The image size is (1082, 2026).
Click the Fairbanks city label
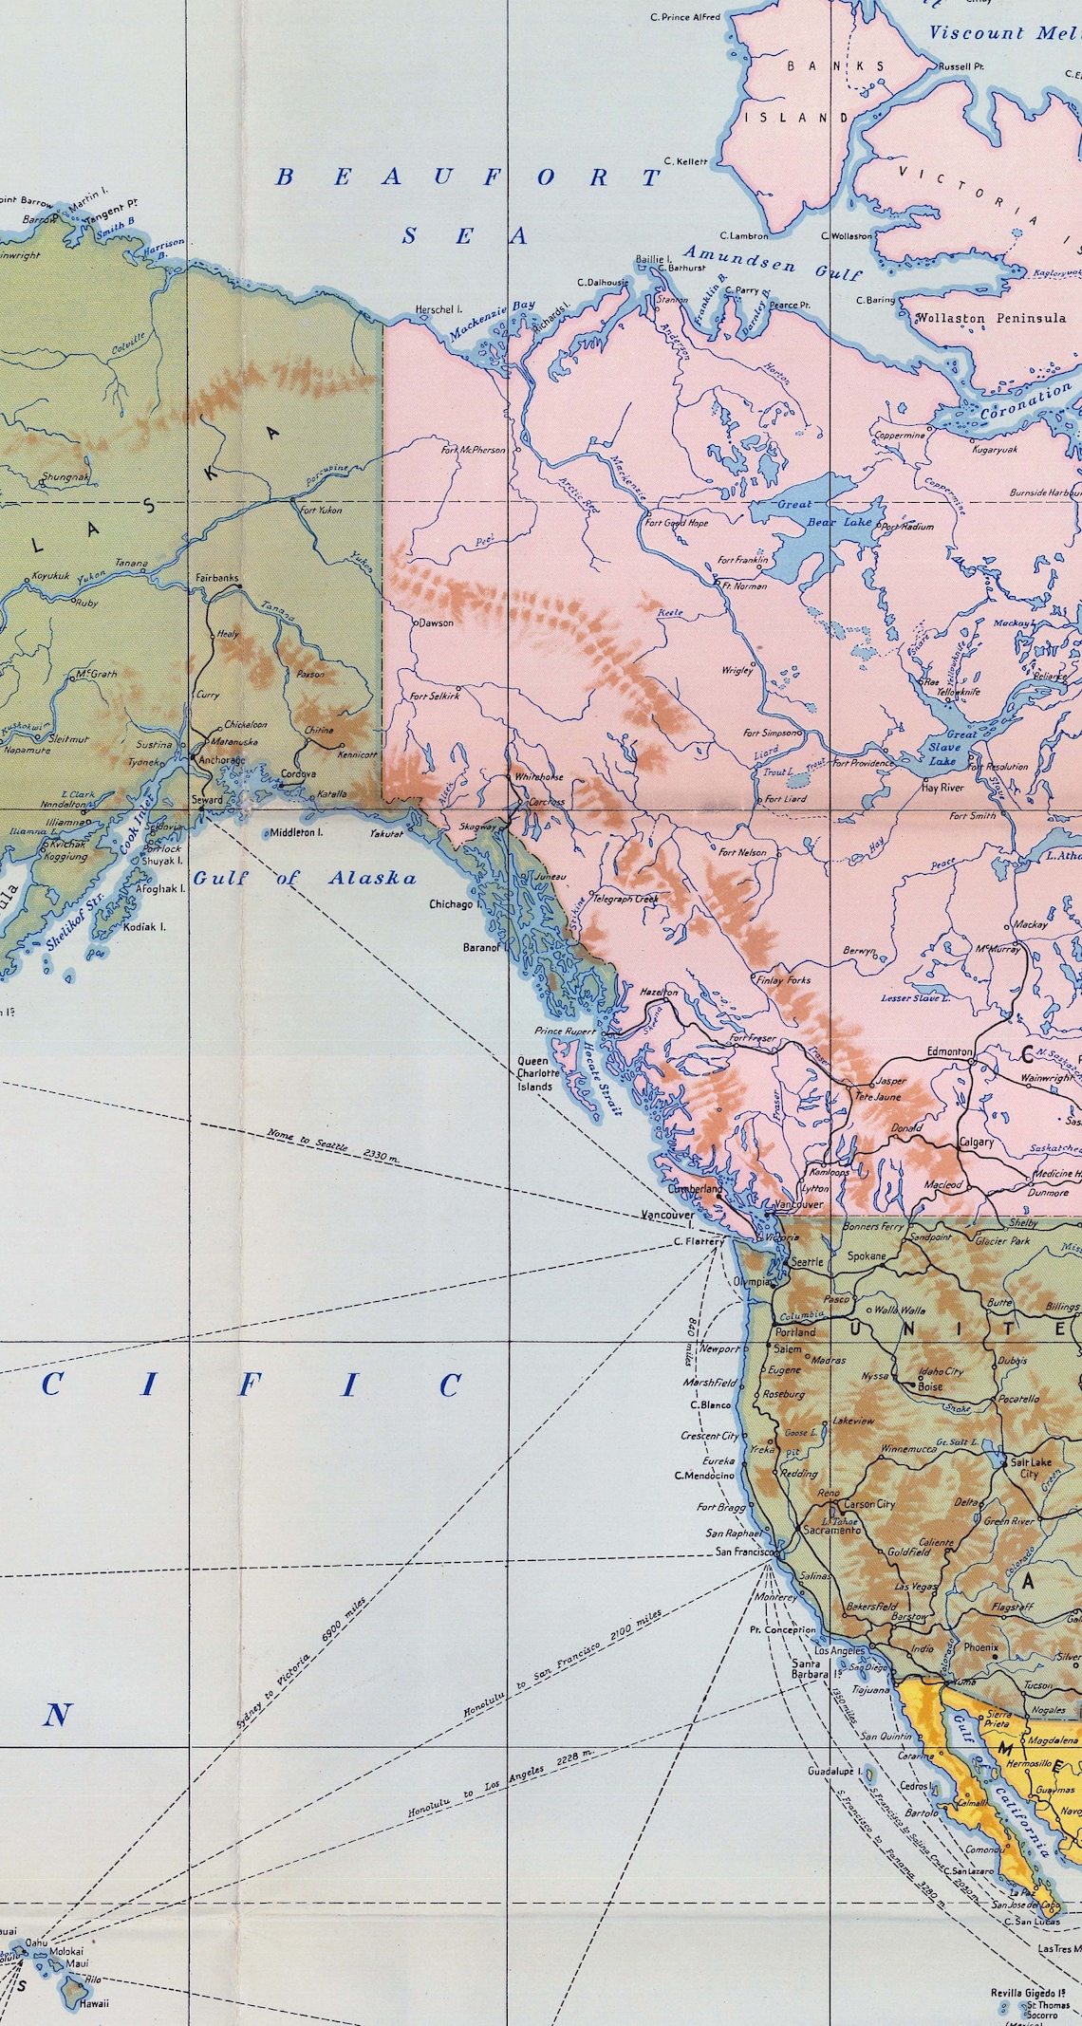[x=216, y=578]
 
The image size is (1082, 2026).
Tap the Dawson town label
[x=436, y=623]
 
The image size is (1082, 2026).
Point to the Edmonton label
[x=949, y=1052]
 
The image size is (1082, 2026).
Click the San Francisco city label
[x=745, y=1552]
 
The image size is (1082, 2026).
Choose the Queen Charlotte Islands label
[x=534, y=1073]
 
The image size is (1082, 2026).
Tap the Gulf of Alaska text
[x=305, y=878]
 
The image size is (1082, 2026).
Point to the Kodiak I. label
[x=144, y=926]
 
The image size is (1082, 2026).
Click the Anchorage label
[x=221, y=760]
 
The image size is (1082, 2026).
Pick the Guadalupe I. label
[x=833, y=1772]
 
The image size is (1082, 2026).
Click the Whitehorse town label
[x=538, y=776]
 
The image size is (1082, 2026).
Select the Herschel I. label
[x=438, y=309]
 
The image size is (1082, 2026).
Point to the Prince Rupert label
[x=565, y=1031]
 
